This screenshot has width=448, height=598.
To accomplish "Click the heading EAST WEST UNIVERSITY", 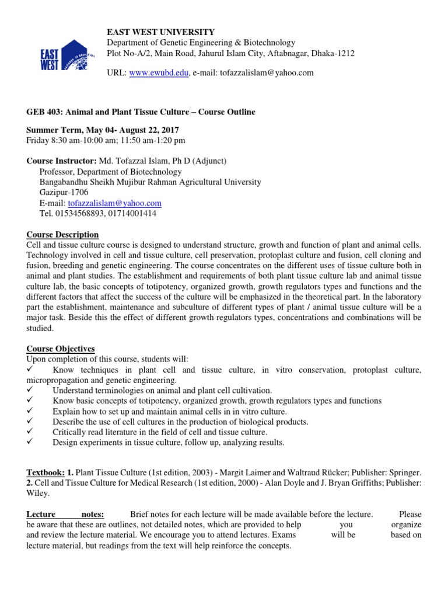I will (x=160, y=32).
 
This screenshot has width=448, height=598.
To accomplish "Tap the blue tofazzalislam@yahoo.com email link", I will (x=114, y=203).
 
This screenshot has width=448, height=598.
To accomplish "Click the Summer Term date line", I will (x=103, y=130).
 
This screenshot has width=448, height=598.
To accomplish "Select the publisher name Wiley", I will (x=38, y=493).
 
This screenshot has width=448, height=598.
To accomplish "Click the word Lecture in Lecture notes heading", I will (x=41, y=514).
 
